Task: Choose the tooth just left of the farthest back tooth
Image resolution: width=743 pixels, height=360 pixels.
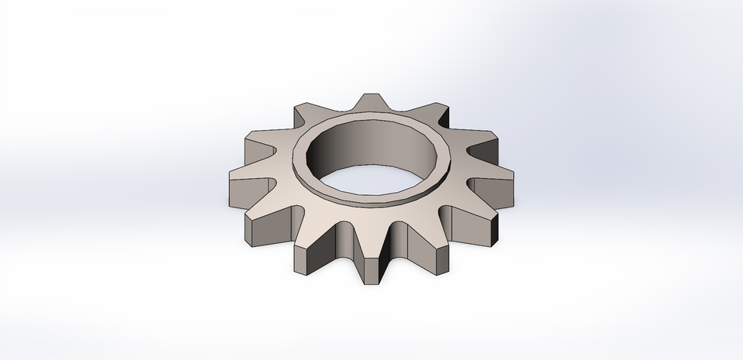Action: [306, 115]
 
